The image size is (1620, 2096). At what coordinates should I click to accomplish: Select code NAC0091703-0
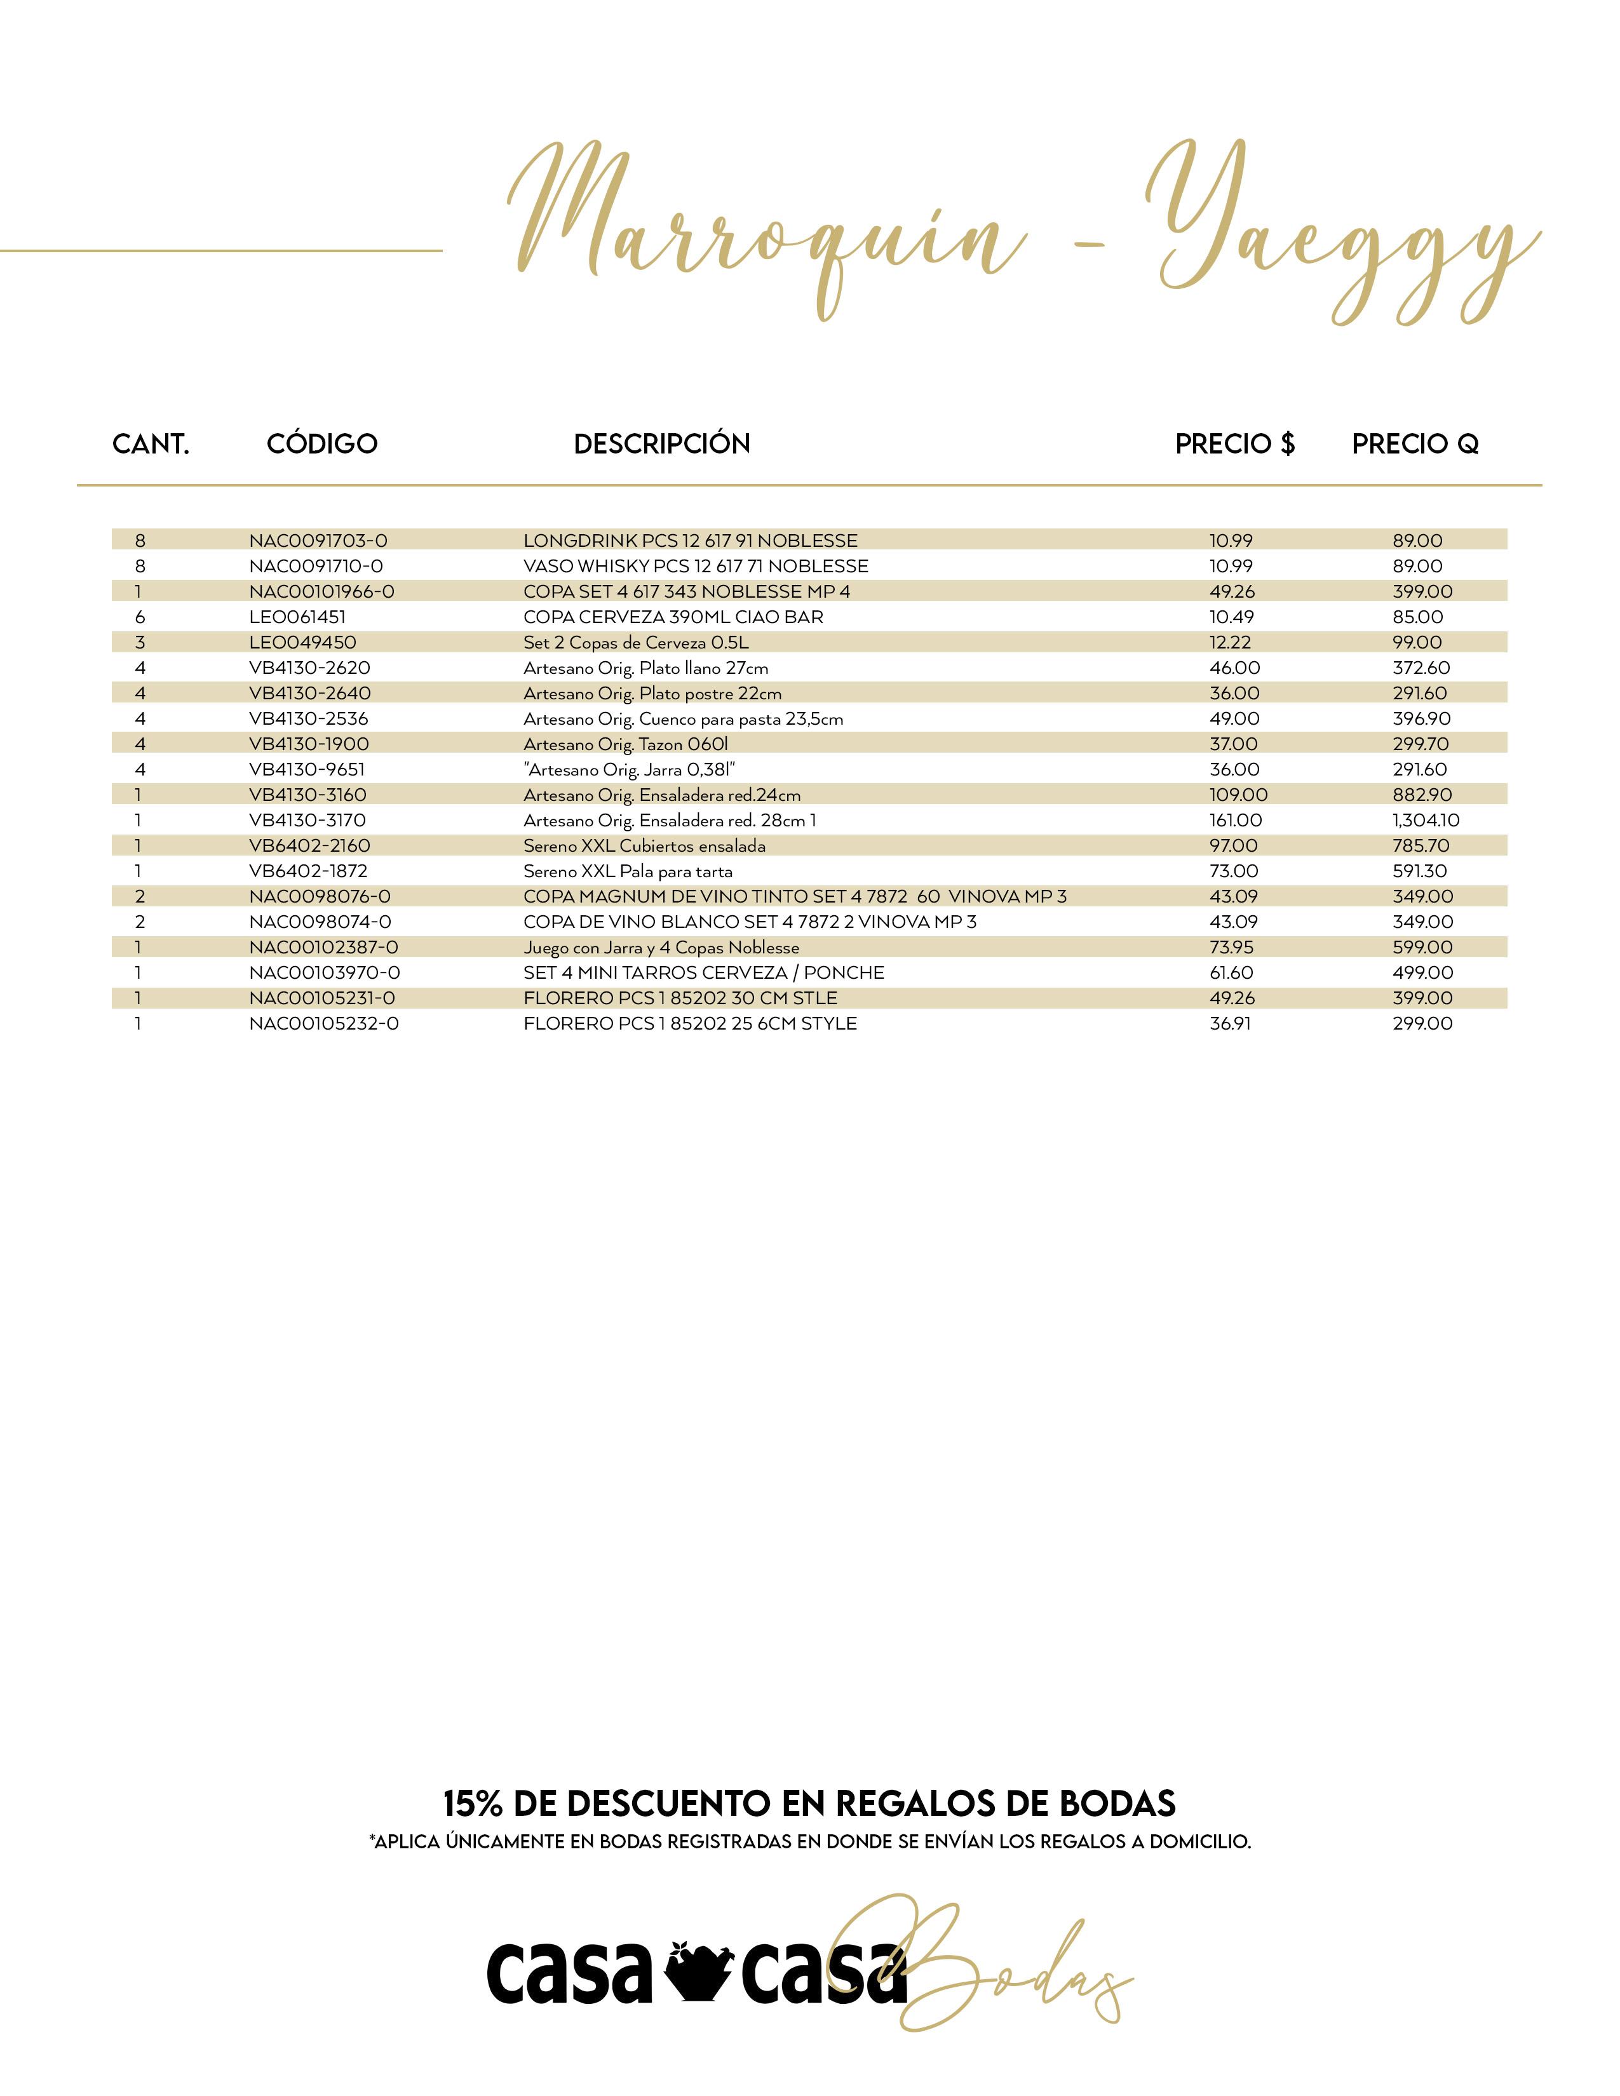[318, 541]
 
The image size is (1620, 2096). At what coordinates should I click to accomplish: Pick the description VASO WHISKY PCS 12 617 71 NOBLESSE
[695, 566]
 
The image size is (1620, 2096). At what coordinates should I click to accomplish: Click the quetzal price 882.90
[1422, 795]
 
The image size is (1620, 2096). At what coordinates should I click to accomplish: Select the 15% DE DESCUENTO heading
[809, 1803]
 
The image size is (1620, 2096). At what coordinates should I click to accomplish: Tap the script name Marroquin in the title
[768, 231]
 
